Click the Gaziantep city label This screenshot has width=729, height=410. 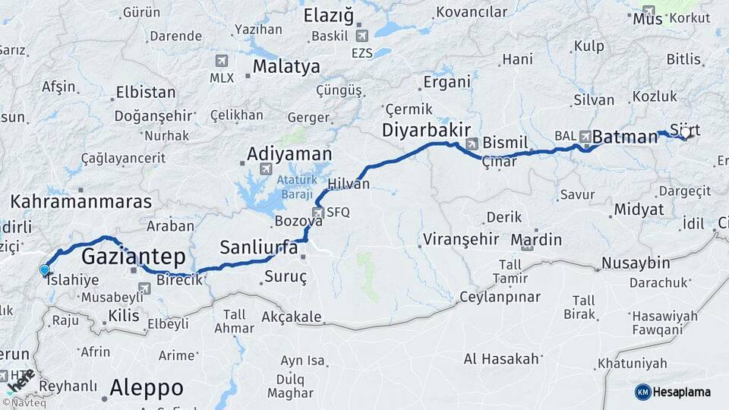(x=134, y=256)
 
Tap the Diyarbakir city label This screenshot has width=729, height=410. (x=426, y=130)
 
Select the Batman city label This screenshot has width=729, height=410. (x=625, y=137)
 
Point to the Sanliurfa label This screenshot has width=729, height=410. (x=259, y=247)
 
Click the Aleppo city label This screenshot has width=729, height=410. (x=147, y=388)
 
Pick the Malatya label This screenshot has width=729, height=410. (x=286, y=67)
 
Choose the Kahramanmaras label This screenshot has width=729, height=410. (x=81, y=202)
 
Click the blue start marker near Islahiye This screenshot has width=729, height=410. (x=44, y=270)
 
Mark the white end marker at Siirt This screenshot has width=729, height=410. (x=685, y=133)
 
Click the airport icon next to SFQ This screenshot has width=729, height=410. (x=318, y=213)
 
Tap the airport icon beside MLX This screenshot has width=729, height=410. (x=222, y=60)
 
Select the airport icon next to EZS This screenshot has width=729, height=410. (x=361, y=36)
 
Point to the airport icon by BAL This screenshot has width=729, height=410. (x=585, y=136)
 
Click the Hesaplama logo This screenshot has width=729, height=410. (x=673, y=392)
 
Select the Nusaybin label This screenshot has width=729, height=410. (x=636, y=263)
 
